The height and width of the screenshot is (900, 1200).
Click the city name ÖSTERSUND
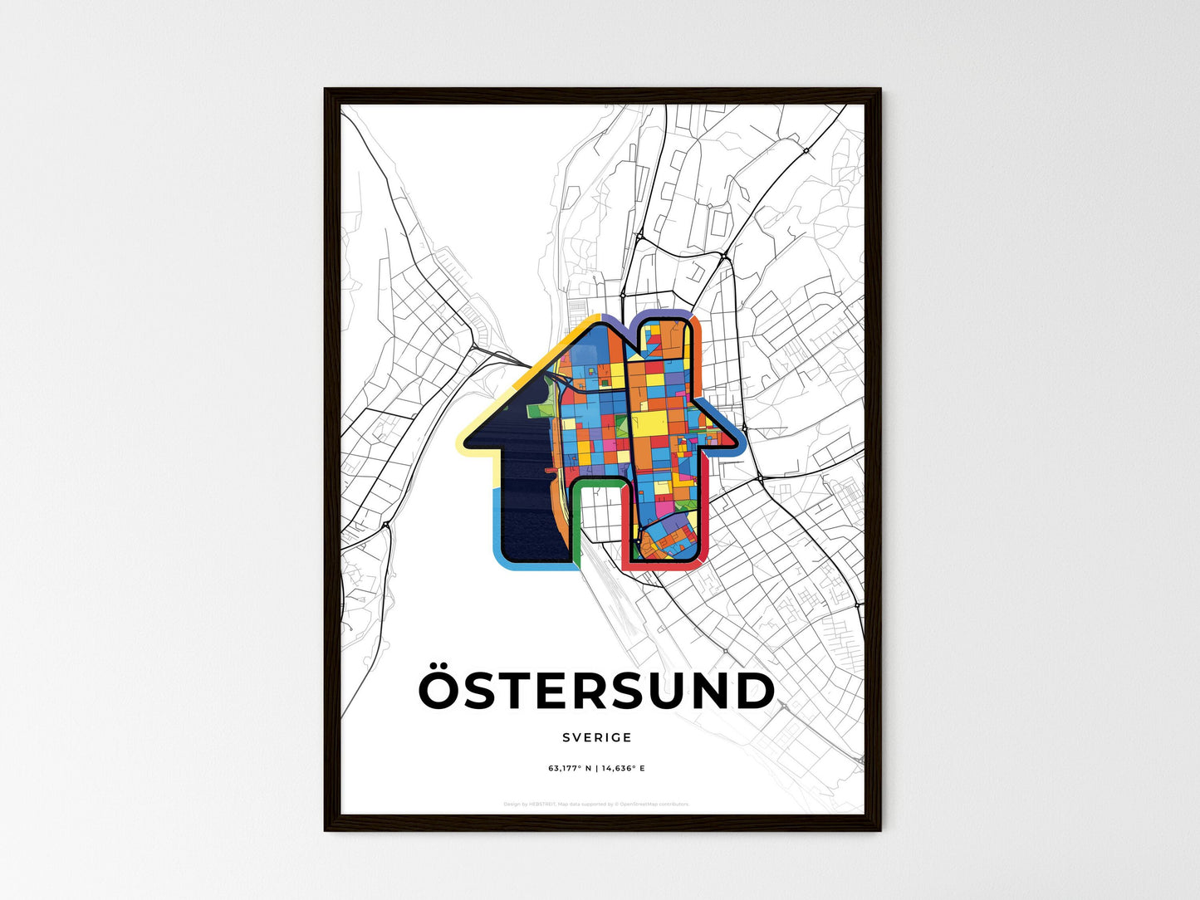596,692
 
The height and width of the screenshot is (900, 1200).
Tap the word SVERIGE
596,737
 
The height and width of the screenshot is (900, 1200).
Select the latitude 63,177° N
570,769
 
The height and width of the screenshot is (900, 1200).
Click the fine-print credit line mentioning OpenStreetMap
596,804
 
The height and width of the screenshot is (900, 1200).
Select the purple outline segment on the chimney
664,315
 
